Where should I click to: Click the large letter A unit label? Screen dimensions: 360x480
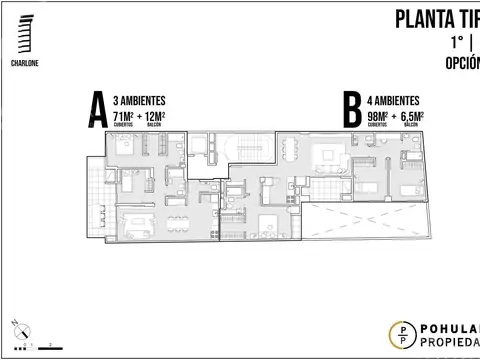pyautogui.click(x=96, y=110)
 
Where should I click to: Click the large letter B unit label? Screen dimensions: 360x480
pyautogui.click(x=352, y=110)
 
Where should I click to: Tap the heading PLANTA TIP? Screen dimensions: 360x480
pyautogui.click(x=436, y=18)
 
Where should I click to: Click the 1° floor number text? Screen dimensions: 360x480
pyautogui.click(x=452, y=42)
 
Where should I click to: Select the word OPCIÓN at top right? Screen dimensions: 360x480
pyautogui.click(x=461, y=62)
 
